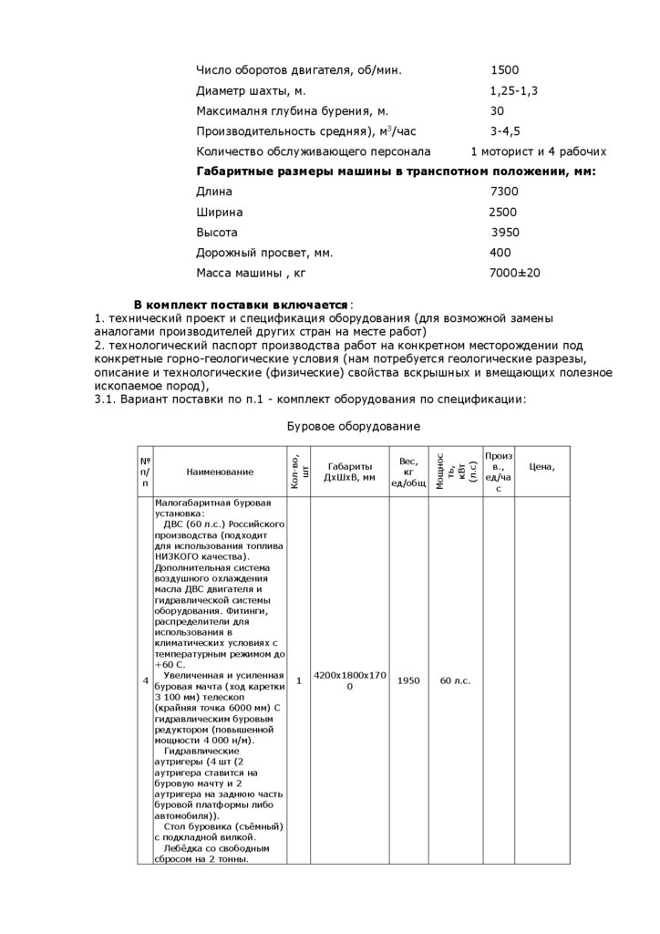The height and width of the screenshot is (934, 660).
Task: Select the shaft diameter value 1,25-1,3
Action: pos(513,90)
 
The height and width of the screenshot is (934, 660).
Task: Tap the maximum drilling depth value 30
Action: pos(498,110)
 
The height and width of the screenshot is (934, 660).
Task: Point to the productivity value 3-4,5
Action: pos(505,131)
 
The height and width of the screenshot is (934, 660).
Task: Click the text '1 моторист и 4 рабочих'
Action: pos(538,151)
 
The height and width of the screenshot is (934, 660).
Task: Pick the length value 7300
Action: pos(504,192)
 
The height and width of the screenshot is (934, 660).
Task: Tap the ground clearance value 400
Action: pos(500,253)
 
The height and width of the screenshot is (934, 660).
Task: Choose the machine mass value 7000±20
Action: pos(515,273)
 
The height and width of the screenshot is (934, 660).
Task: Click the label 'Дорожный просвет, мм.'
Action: pos(264,253)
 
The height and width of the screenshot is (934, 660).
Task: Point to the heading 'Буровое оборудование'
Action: pos(354,426)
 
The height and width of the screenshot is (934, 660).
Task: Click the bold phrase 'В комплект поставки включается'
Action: pos(241,304)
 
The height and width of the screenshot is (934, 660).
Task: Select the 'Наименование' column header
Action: pos(220,472)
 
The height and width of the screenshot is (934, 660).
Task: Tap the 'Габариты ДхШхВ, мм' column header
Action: pos(350,471)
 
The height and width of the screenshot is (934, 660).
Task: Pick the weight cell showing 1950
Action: pos(409,681)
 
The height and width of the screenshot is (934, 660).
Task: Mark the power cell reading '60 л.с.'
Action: pos(455,681)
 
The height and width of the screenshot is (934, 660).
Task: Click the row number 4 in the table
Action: pos(146,681)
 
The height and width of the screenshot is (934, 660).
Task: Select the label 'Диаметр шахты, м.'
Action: pos(251,90)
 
